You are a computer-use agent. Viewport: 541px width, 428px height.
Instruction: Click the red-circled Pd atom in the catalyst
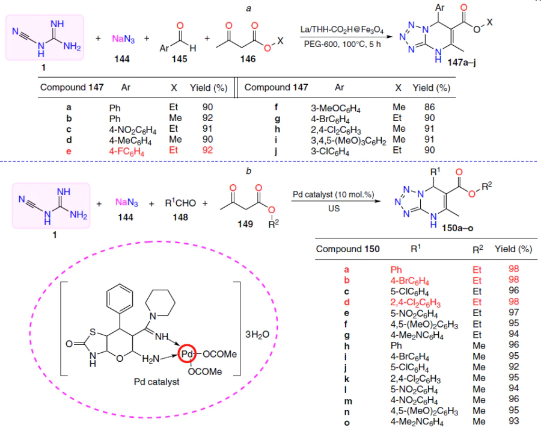click(x=187, y=354)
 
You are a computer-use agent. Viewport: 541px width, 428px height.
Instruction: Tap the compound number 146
click(x=248, y=59)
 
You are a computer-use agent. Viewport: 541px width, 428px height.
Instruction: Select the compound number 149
click(x=245, y=224)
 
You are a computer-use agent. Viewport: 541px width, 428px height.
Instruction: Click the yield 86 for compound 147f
click(x=430, y=107)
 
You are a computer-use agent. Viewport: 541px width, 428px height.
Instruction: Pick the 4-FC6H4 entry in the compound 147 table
click(x=126, y=151)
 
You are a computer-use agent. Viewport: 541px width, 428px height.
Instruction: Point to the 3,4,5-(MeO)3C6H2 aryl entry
click(x=349, y=141)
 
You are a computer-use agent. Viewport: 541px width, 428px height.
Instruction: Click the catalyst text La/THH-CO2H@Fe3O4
click(x=341, y=29)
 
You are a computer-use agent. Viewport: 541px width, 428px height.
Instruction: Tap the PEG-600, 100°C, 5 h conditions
click(x=342, y=44)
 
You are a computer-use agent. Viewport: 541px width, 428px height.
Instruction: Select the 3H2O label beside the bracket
click(x=257, y=334)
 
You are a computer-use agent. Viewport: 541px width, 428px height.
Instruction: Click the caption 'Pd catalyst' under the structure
click(x=157, y=382)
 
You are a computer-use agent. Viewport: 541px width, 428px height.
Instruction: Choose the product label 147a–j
click(x=462, y=63)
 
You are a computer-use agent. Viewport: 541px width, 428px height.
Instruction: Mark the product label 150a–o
click(x=457, y=228)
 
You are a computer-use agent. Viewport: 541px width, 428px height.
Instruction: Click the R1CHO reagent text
click(x=180, y=203)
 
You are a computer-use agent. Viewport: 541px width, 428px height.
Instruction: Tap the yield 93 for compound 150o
click(x=514, y=421)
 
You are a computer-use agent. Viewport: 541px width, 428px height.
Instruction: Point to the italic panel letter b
click(x=248, y=171)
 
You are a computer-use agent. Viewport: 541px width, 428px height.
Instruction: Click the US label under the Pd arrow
click(x=334, y=209)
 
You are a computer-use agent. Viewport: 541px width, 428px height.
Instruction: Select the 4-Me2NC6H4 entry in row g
click(x=417, y=335)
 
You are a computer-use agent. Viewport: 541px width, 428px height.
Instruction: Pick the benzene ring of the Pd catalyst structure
click(x=120, y=299)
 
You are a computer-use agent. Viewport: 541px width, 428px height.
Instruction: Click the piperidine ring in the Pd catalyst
click(x=160, y=303)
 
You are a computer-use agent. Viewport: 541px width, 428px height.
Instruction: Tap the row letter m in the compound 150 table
click(x=348, y=401)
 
